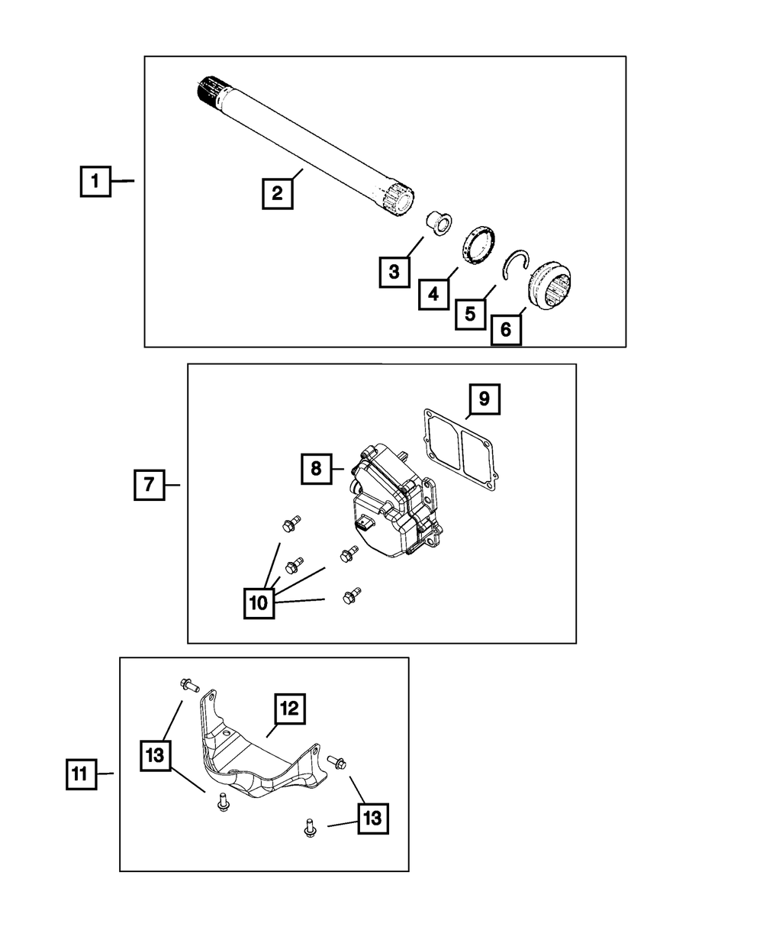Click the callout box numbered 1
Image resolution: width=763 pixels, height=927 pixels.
click(95, 182)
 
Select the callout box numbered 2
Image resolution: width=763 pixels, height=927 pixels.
click(277, 193)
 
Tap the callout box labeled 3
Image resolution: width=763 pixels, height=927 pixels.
click(394, 272)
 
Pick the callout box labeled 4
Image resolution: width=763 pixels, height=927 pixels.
click(433, 294)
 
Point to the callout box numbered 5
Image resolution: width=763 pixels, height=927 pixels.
click(470, 313)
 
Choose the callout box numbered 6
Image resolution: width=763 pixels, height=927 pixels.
click(506, 331)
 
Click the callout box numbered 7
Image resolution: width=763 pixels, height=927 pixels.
click(150, 485)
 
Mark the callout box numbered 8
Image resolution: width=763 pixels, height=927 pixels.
click(316, 469)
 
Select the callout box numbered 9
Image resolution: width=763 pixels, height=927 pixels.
click(485, 399)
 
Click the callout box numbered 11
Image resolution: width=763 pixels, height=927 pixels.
click(80, 774)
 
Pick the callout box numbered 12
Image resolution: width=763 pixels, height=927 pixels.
click(290, 709)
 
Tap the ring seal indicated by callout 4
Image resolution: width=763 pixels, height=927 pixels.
click(479, 246)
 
